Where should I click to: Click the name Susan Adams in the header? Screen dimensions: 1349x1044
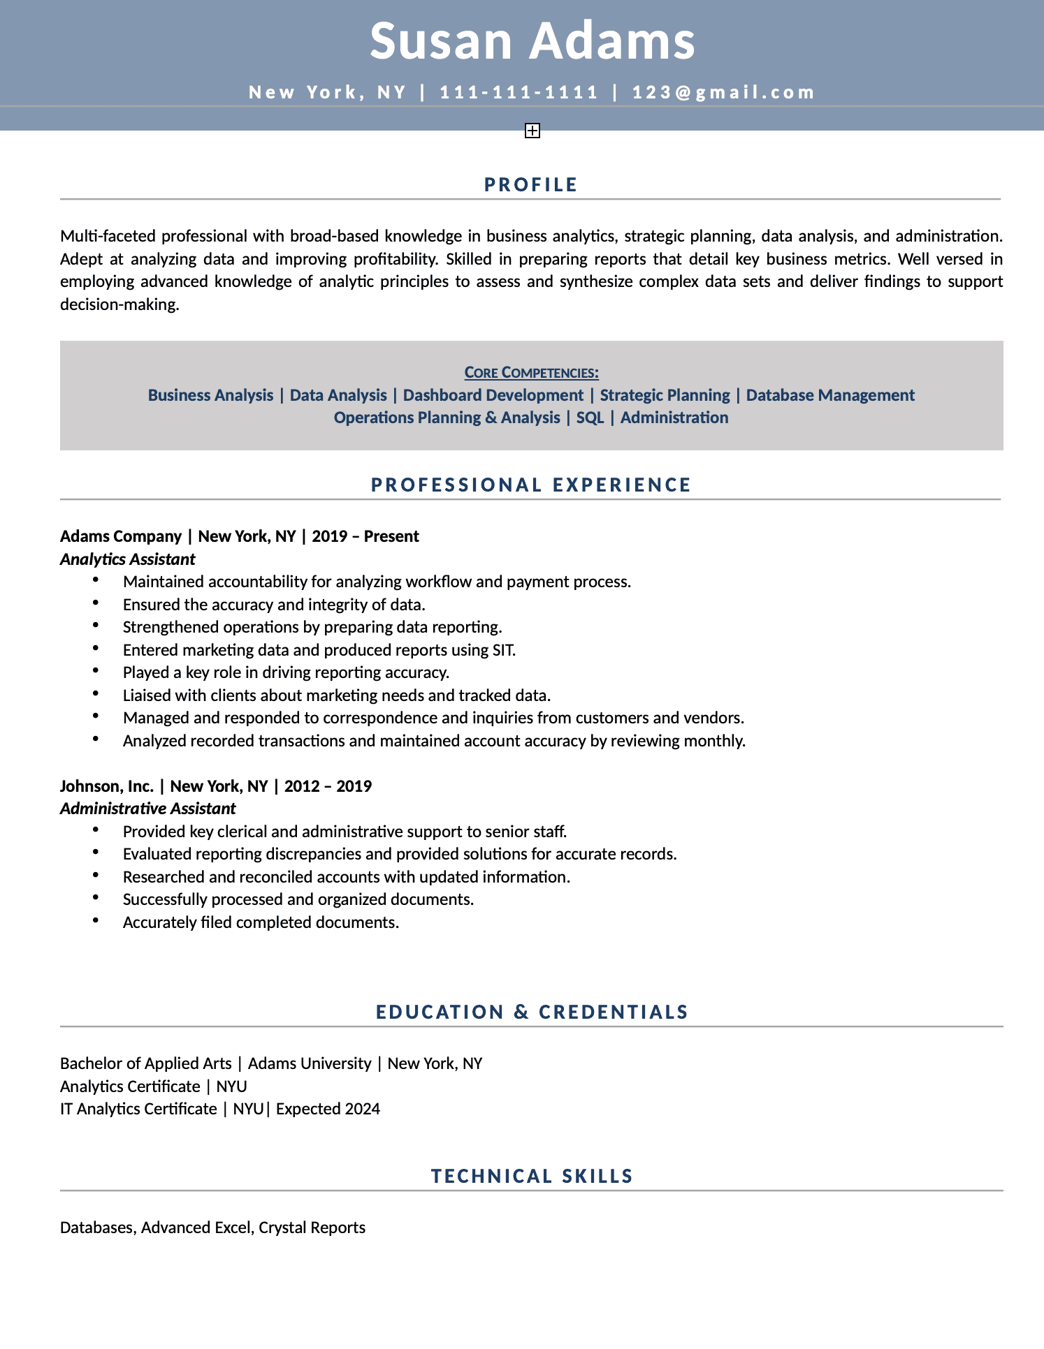[532, 40]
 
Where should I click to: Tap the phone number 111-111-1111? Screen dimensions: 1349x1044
[519, 92]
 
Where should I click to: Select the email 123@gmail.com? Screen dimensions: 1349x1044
[724, 92]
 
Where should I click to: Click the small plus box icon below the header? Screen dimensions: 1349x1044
[532, 131]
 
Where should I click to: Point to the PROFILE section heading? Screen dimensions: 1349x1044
[531, 184]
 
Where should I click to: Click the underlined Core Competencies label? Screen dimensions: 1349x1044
[531, 373]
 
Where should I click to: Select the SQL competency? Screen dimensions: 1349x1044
[590, 418]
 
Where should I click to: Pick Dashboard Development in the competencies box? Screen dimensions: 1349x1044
[493, 395]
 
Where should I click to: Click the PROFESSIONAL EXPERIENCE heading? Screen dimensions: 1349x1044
[531, 485]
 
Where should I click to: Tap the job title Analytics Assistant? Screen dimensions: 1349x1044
[128, 559]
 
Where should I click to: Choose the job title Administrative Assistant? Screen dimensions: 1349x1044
[148, 809]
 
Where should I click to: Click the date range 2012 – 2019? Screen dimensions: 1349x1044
[328, 786]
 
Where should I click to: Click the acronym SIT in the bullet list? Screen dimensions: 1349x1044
[503, 650]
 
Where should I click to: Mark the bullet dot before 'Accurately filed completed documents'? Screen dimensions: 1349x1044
[95, 922]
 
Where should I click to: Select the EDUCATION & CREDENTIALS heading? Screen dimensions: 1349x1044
[532, 1012]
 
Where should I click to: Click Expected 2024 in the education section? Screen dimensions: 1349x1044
[328, 1109]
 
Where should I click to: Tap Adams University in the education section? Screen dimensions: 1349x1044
[310, 1063]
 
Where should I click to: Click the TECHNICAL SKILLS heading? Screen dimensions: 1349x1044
[532, 1176]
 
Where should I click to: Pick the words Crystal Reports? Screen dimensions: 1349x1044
[312, 1228]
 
